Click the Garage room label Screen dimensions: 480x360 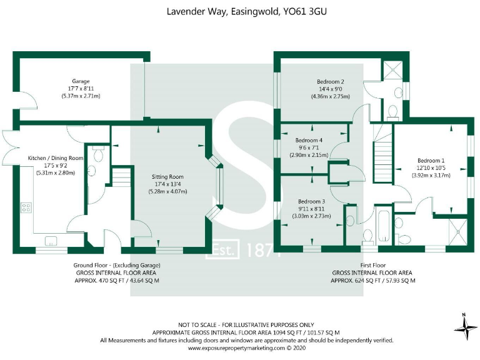pos(81,81)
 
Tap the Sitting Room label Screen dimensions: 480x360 pos(167,177)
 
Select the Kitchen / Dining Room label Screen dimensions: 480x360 pos(56,158)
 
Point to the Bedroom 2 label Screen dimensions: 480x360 pos(330,82)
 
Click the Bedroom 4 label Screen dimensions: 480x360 pos(309,140)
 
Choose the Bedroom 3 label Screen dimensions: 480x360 pos(312,201)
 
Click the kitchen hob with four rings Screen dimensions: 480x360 pos(26,208)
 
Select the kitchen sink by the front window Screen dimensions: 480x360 pos(51,241)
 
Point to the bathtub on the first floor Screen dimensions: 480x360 pos(384,226)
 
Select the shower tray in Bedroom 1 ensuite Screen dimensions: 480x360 pos(458,232)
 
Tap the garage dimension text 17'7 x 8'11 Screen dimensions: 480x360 pos(81,89)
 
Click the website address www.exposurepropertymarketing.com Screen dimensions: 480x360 pos(236,348)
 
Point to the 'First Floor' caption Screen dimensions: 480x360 pos(373,266)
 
